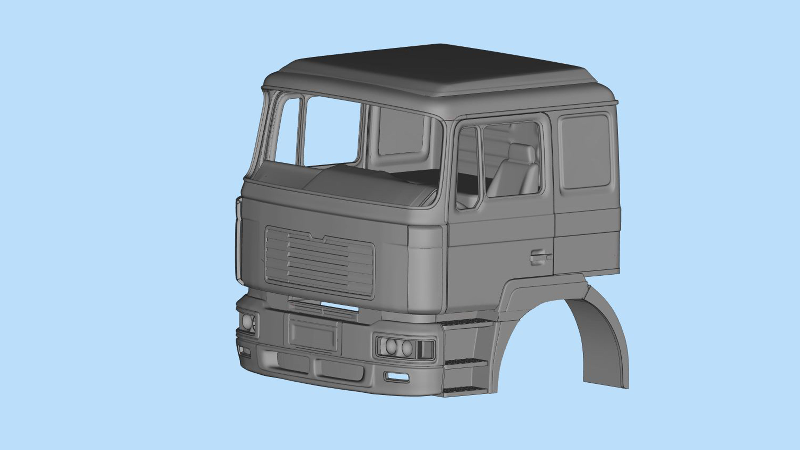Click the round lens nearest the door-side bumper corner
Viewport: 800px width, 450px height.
pos(407,348)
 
